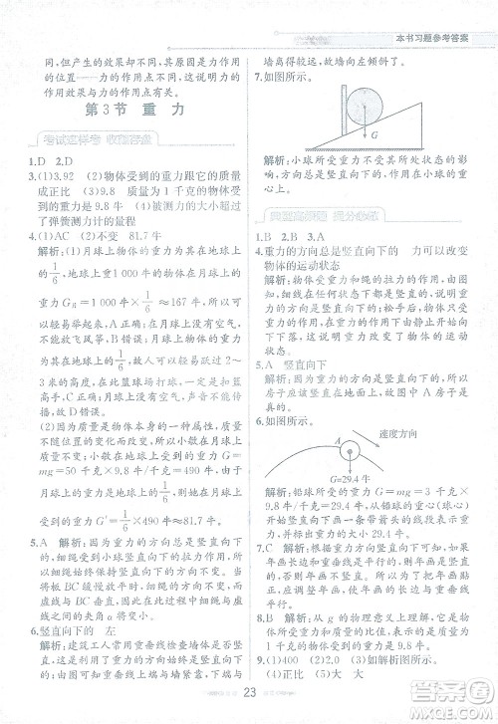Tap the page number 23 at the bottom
click(249, 693)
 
